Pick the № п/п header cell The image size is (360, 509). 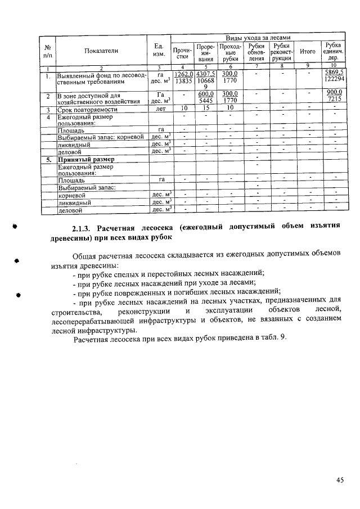coord(48,51)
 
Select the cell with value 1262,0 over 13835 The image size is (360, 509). coord(183,78)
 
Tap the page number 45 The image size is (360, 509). coord(339,480)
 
